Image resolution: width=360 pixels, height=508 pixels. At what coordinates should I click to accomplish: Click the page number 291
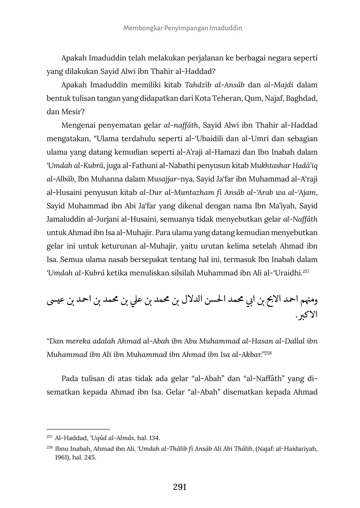pos(180,487)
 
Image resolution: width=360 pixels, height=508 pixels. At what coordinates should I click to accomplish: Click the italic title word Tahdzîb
pos(196,85)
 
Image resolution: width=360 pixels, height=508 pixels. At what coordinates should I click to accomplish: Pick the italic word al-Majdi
pos(279,85)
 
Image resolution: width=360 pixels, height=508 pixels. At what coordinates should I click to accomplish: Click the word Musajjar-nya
pos(166,179)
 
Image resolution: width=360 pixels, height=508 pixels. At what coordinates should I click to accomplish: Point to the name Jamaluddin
pos(63,219)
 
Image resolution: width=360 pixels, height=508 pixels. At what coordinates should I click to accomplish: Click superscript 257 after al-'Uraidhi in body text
pos(306,271)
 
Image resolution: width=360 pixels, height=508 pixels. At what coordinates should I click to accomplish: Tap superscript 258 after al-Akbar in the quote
pos(268,353)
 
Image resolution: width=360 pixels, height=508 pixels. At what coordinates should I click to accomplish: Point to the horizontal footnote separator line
pos(78,429)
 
